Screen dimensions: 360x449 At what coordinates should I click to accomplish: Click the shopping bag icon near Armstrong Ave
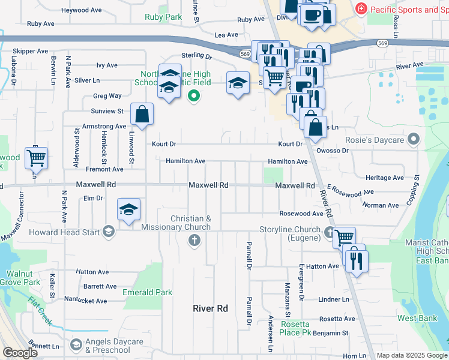[142, 114]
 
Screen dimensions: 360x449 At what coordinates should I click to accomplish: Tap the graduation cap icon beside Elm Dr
[128, 210]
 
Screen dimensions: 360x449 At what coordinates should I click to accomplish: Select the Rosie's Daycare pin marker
[413, 140]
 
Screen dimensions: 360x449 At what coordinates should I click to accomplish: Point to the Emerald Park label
[147, 292]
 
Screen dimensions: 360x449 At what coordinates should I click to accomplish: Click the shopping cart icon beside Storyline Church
[344, 238]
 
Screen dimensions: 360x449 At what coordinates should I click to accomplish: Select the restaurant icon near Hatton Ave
[357, 261]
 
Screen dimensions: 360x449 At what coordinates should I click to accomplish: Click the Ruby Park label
[163, 17]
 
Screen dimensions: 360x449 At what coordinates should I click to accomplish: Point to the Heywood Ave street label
[82, 10]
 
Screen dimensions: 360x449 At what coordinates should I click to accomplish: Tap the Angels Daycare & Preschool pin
[76, 345]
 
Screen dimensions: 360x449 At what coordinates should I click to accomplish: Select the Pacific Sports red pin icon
[361, 9]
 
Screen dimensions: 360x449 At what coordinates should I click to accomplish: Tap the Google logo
[20, 353]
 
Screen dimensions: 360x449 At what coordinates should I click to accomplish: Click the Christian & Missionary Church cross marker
[193, 241]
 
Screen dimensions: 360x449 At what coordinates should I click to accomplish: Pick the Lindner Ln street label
[334, 299]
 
